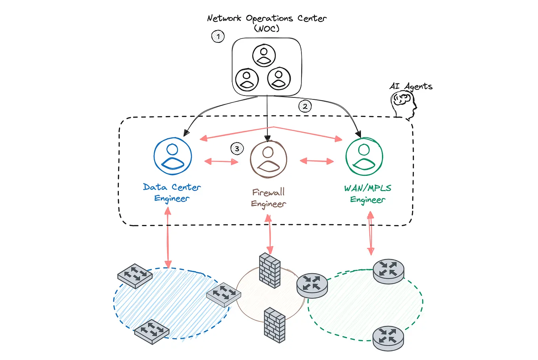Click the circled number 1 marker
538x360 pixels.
point(218,36)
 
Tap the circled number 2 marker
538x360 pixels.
point(305,106)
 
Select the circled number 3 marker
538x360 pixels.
point(237,149)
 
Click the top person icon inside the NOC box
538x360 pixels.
point(264,55)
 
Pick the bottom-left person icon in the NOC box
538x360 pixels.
point(247,79)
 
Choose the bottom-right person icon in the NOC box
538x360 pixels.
point(279,78)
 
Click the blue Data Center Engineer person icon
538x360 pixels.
point(173,156)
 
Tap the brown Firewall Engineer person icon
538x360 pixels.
point(268,159)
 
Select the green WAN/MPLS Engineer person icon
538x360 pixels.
point(364,156)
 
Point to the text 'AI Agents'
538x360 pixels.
point(411,86)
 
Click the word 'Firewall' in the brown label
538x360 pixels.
point(268,192)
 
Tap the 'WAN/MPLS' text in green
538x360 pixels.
point(368,188)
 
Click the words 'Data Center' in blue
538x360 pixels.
point(172,187)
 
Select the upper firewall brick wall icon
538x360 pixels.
point(270,270)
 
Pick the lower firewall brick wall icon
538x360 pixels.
point(275,325)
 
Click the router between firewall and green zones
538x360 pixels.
point(312,285)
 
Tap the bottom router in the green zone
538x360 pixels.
point(388,338)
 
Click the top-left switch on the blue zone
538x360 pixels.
point(135,275)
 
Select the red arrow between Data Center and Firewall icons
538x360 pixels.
point(221,161)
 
